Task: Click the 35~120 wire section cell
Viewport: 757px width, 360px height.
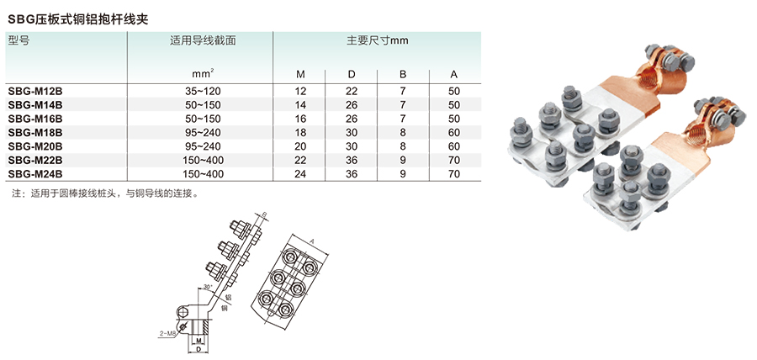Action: [x=202, y=89]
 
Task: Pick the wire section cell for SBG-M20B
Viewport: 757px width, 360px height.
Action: [x=202, y=146]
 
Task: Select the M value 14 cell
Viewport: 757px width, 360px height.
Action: [x=300, y=104]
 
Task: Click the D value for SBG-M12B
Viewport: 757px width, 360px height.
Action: [x=352, y=89]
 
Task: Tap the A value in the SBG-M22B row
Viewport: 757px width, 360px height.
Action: [x=454, y=161]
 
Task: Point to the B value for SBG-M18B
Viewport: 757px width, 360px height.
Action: [x=403, y=132]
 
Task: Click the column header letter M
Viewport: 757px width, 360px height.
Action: [x=300, y=73]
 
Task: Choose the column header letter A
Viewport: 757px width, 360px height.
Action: [x=454, y=73]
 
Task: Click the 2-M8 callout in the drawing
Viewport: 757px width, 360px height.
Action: [x=167, y=334]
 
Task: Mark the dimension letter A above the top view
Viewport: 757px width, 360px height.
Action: [x=312, y=241]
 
